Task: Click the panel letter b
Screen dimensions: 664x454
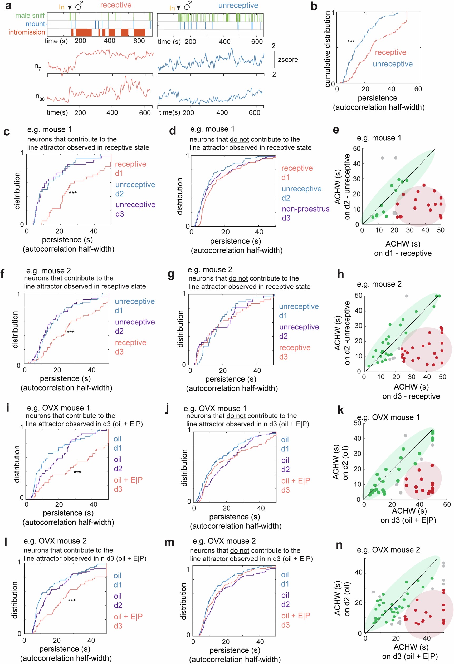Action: (x=314, y=6)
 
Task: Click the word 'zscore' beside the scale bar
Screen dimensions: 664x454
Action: (x=288, y=60)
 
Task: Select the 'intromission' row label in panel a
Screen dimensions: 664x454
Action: (x=27, y=32)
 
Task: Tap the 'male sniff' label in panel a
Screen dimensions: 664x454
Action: (x=30, y=16)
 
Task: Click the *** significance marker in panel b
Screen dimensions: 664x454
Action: (x=351, y=42)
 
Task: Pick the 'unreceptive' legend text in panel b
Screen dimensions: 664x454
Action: (x=393, y=64)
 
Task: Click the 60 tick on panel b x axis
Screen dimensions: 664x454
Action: (x=418, y=89)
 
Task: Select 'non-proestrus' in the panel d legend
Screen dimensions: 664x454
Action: (x=305, y=209)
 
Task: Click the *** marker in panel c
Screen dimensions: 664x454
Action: (x=73, y=193)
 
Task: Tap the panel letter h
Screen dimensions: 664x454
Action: (x=340, y=274)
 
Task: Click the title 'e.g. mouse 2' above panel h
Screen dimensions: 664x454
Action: (x=379, y=284)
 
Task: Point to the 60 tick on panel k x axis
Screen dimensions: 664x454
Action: (x=447, y=505)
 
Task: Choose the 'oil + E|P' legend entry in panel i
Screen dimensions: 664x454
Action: (x=128, y=480)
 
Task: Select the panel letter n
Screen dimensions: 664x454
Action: (x=339, y=545)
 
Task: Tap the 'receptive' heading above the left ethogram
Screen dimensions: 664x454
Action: (x=116, y=5)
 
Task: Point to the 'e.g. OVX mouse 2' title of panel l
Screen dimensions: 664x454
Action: (x=55, y=541)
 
